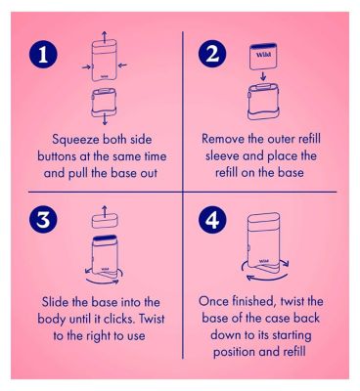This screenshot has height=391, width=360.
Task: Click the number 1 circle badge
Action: [x=43, y=54]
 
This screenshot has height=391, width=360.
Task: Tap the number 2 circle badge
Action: [x=212, y=54]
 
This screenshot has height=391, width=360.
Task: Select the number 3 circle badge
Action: [x=43, y=219]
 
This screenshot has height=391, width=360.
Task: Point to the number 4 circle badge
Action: [x=212, y=219]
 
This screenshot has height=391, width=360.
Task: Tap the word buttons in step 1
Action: [x=56, y=156]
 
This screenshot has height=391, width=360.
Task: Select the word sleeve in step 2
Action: [x=222, y=155]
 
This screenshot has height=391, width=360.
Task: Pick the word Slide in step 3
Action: [x=55, y=302]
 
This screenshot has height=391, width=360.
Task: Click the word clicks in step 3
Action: [x=119, y=319]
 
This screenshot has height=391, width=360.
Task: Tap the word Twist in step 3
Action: [x=152, y=319]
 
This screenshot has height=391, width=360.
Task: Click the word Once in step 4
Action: [x=212, y=301]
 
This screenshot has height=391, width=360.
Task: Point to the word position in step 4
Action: [x=234, y=352]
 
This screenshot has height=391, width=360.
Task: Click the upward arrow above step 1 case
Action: [x=104, y=37]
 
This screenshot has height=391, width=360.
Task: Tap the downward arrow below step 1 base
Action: [x=105, y=119]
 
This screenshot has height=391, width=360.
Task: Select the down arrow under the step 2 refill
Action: [x=263, y=76]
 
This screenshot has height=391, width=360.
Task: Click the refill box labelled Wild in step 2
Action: [x=263, y=57]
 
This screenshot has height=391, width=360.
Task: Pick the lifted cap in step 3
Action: [x=105, y=222]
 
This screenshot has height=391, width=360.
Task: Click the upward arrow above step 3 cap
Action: [x=105, y=211]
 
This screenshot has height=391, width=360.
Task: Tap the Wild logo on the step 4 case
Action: [x=264, y=261]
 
